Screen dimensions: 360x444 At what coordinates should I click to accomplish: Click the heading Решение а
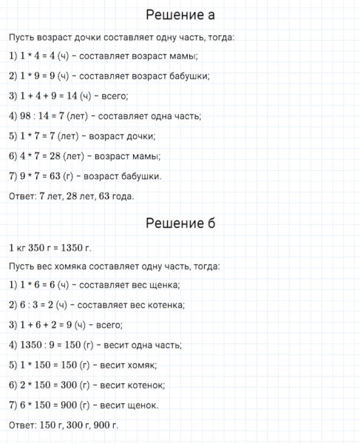coord(180,15)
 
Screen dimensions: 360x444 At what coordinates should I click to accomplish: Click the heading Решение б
coord(180,223)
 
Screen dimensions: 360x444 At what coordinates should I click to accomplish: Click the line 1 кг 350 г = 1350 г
coord(50,247)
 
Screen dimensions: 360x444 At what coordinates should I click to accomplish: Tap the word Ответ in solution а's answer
coord(18,196)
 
